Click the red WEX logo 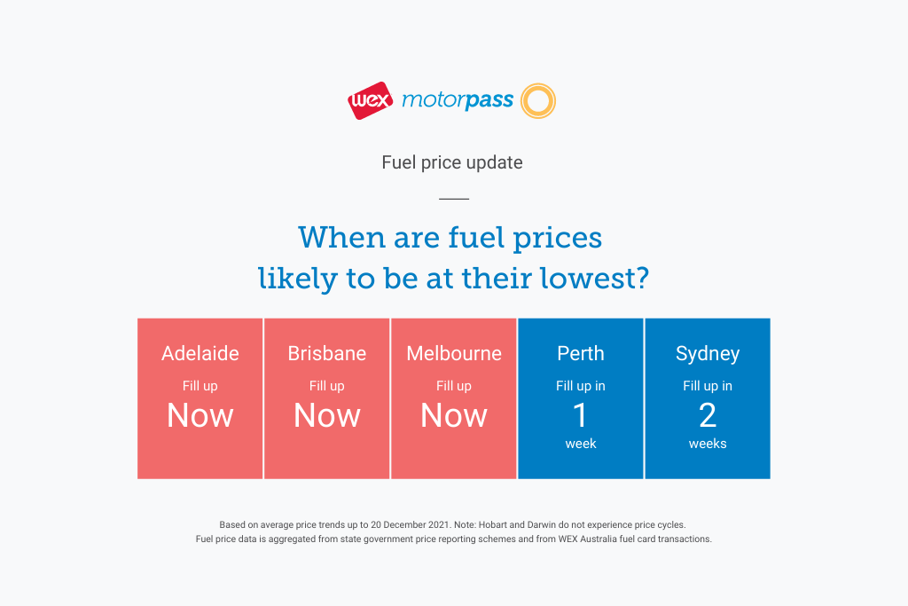click(x=371, y=101)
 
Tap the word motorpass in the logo click(x=458, y=100)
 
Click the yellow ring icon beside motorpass click(x=538, y=101)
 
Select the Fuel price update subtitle click(x=452, y=162)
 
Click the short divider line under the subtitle click(x=454, y=199)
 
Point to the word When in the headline click(x=341, y=238)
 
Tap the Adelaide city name click(x=200, y=353)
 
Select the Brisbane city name click(x=327, y=353)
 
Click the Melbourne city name click(x=454, y=353)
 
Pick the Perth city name click(x=581, y=353)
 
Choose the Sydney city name click(x=708, y=354)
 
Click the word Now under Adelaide click(x=200, y=415)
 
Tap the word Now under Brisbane click(x=327, y=415)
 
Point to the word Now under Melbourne click(x=454, y=415)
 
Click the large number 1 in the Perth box click(x=580, y=415)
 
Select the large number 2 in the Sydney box click(x=708, y=415)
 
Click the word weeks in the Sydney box click(x=708, y=444)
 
